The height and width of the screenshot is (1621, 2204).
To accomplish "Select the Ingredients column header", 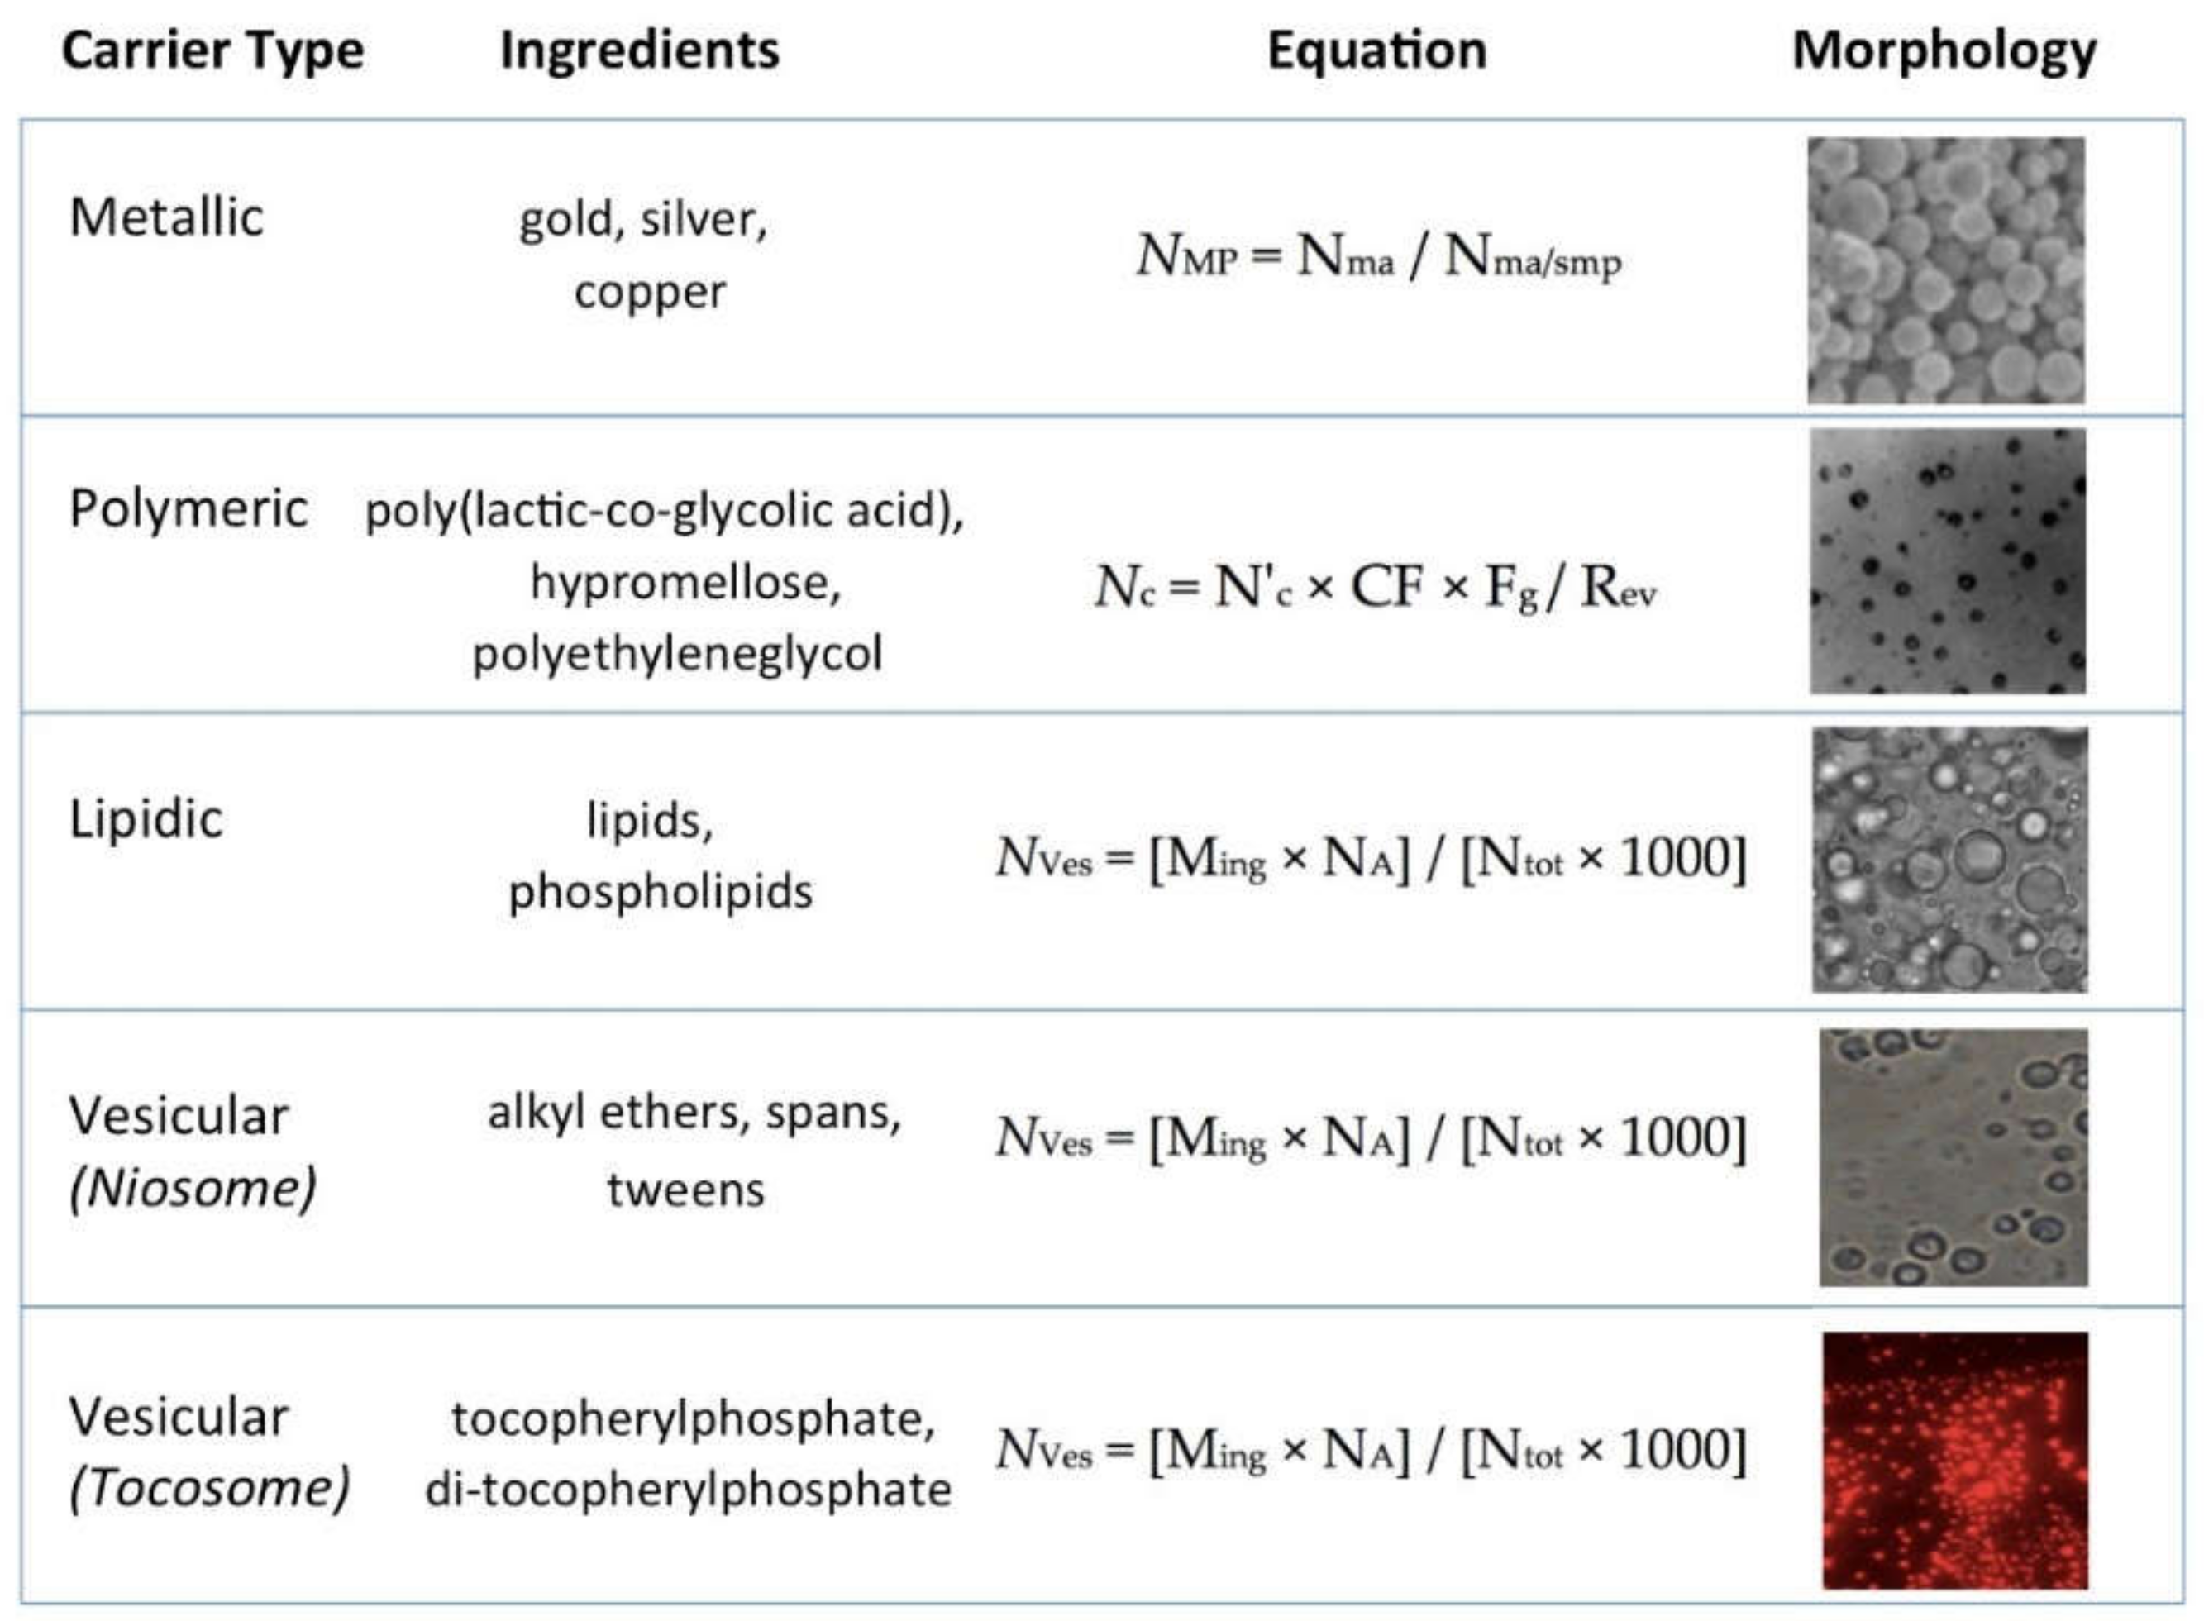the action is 639,51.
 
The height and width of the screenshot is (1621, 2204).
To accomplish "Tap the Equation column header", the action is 1376,51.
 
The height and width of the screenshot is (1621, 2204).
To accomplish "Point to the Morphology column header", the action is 1944,51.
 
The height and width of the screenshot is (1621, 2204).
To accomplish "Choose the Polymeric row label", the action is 188,508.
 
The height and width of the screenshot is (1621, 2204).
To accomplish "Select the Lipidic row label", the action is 146,818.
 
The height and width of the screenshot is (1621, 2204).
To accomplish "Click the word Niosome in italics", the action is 193,1189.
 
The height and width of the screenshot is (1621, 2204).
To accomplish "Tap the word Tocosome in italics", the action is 209,1488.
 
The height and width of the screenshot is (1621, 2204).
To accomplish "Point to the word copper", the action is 650,292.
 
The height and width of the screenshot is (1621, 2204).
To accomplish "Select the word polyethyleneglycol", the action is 677,654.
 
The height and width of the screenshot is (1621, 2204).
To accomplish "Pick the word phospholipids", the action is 661,892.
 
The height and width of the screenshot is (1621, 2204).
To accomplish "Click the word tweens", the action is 685,1190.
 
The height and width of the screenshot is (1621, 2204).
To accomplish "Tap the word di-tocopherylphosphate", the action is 688,1490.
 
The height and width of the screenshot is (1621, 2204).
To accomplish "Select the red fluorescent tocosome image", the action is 1955,1460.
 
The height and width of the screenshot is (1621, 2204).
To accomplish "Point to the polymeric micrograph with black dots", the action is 1948,561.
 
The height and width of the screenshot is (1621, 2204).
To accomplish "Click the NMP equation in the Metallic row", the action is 1378,257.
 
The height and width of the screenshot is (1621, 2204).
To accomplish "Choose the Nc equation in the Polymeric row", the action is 1375,588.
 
